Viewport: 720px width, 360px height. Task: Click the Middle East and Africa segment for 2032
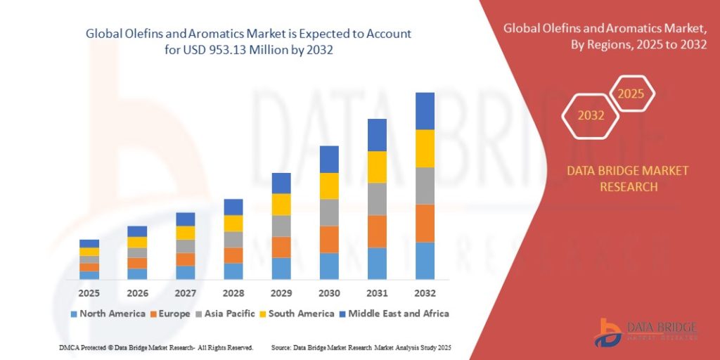(425, 111)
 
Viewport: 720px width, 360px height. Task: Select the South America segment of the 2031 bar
(377, 167)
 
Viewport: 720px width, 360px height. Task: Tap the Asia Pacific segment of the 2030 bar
(329, 212)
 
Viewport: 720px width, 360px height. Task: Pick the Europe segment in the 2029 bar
(281, 247)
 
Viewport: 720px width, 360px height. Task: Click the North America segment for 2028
(233, 271)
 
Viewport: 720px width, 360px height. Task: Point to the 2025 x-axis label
(89, 292)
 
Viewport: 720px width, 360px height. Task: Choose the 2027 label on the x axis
(185, 292)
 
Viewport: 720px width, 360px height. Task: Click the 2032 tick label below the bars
(425, 292)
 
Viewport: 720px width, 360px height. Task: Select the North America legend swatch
(74, 314)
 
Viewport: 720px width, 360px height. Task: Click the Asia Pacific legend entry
(229, 314)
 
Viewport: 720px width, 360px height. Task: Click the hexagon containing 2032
(591, 115)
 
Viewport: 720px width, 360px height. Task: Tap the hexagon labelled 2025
(631, 94)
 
